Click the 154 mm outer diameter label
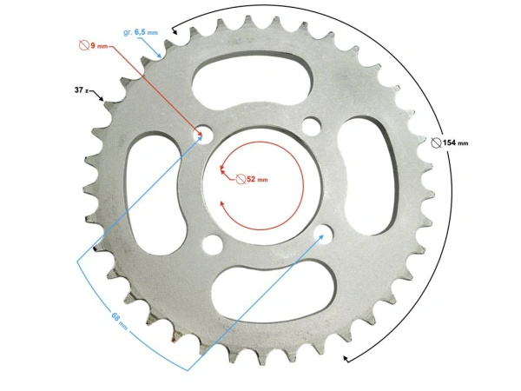coord(455,142)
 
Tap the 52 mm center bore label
coord(257,179)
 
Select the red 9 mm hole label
coord(97,43)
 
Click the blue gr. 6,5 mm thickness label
coord(141,31)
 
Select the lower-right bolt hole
coord(324,234)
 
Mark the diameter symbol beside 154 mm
coord(436,142)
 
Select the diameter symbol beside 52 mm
coord(241,179)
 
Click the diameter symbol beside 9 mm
coord(84,43)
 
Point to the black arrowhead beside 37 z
coord(106,98)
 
